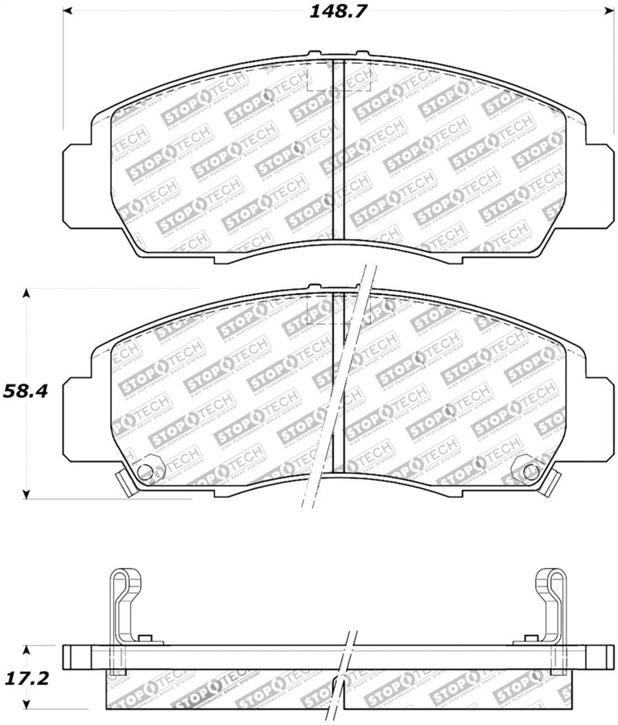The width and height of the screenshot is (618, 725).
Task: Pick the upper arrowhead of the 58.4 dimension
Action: tap(27, 293)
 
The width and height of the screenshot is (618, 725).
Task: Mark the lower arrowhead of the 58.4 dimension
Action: tap(27, 494)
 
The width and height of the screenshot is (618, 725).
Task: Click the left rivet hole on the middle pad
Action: tap(145, 472)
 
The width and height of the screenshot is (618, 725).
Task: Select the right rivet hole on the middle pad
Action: tap(529, 472)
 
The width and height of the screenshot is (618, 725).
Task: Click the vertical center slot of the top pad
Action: tap(338, 150)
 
